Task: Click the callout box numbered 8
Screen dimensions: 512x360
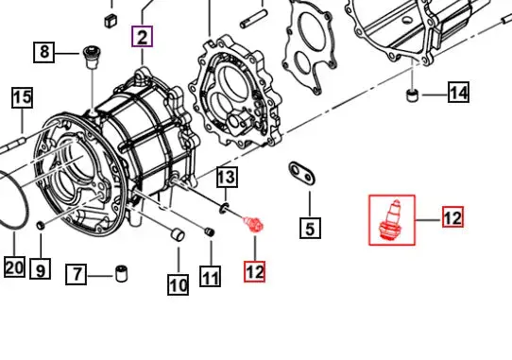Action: click(x=44, y=52)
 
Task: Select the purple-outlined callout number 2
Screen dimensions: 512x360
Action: click(x=142, y=37)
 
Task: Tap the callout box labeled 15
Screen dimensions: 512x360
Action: click(x=23, y=97)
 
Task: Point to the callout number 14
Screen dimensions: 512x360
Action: click(x=459, y=92)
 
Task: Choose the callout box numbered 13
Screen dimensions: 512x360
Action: click(x=228, y=177)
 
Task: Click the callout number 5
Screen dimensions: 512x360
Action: click(x=310, y=228)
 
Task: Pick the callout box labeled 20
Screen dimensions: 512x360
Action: click(x=14, y=266)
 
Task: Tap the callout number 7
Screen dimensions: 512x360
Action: click(x=77, y=274)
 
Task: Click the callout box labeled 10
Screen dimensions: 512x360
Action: click(x=178, y=284)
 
